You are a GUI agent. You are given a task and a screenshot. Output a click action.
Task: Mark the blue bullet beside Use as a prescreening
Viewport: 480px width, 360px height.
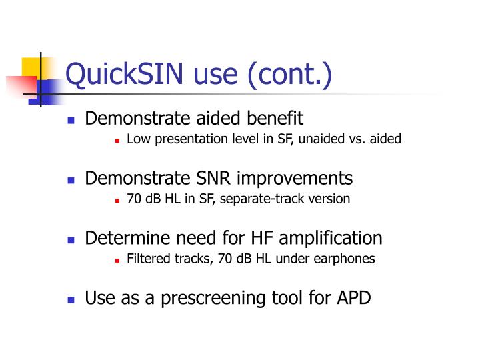tap(71, 299)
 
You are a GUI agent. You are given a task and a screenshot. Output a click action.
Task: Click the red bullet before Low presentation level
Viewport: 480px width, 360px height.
tap(117, 141)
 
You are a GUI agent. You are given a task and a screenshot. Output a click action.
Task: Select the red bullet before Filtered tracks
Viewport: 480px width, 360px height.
tap(117, 259)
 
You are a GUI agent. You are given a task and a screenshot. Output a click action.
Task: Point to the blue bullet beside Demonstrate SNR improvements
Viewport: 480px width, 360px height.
tap(71, 180)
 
